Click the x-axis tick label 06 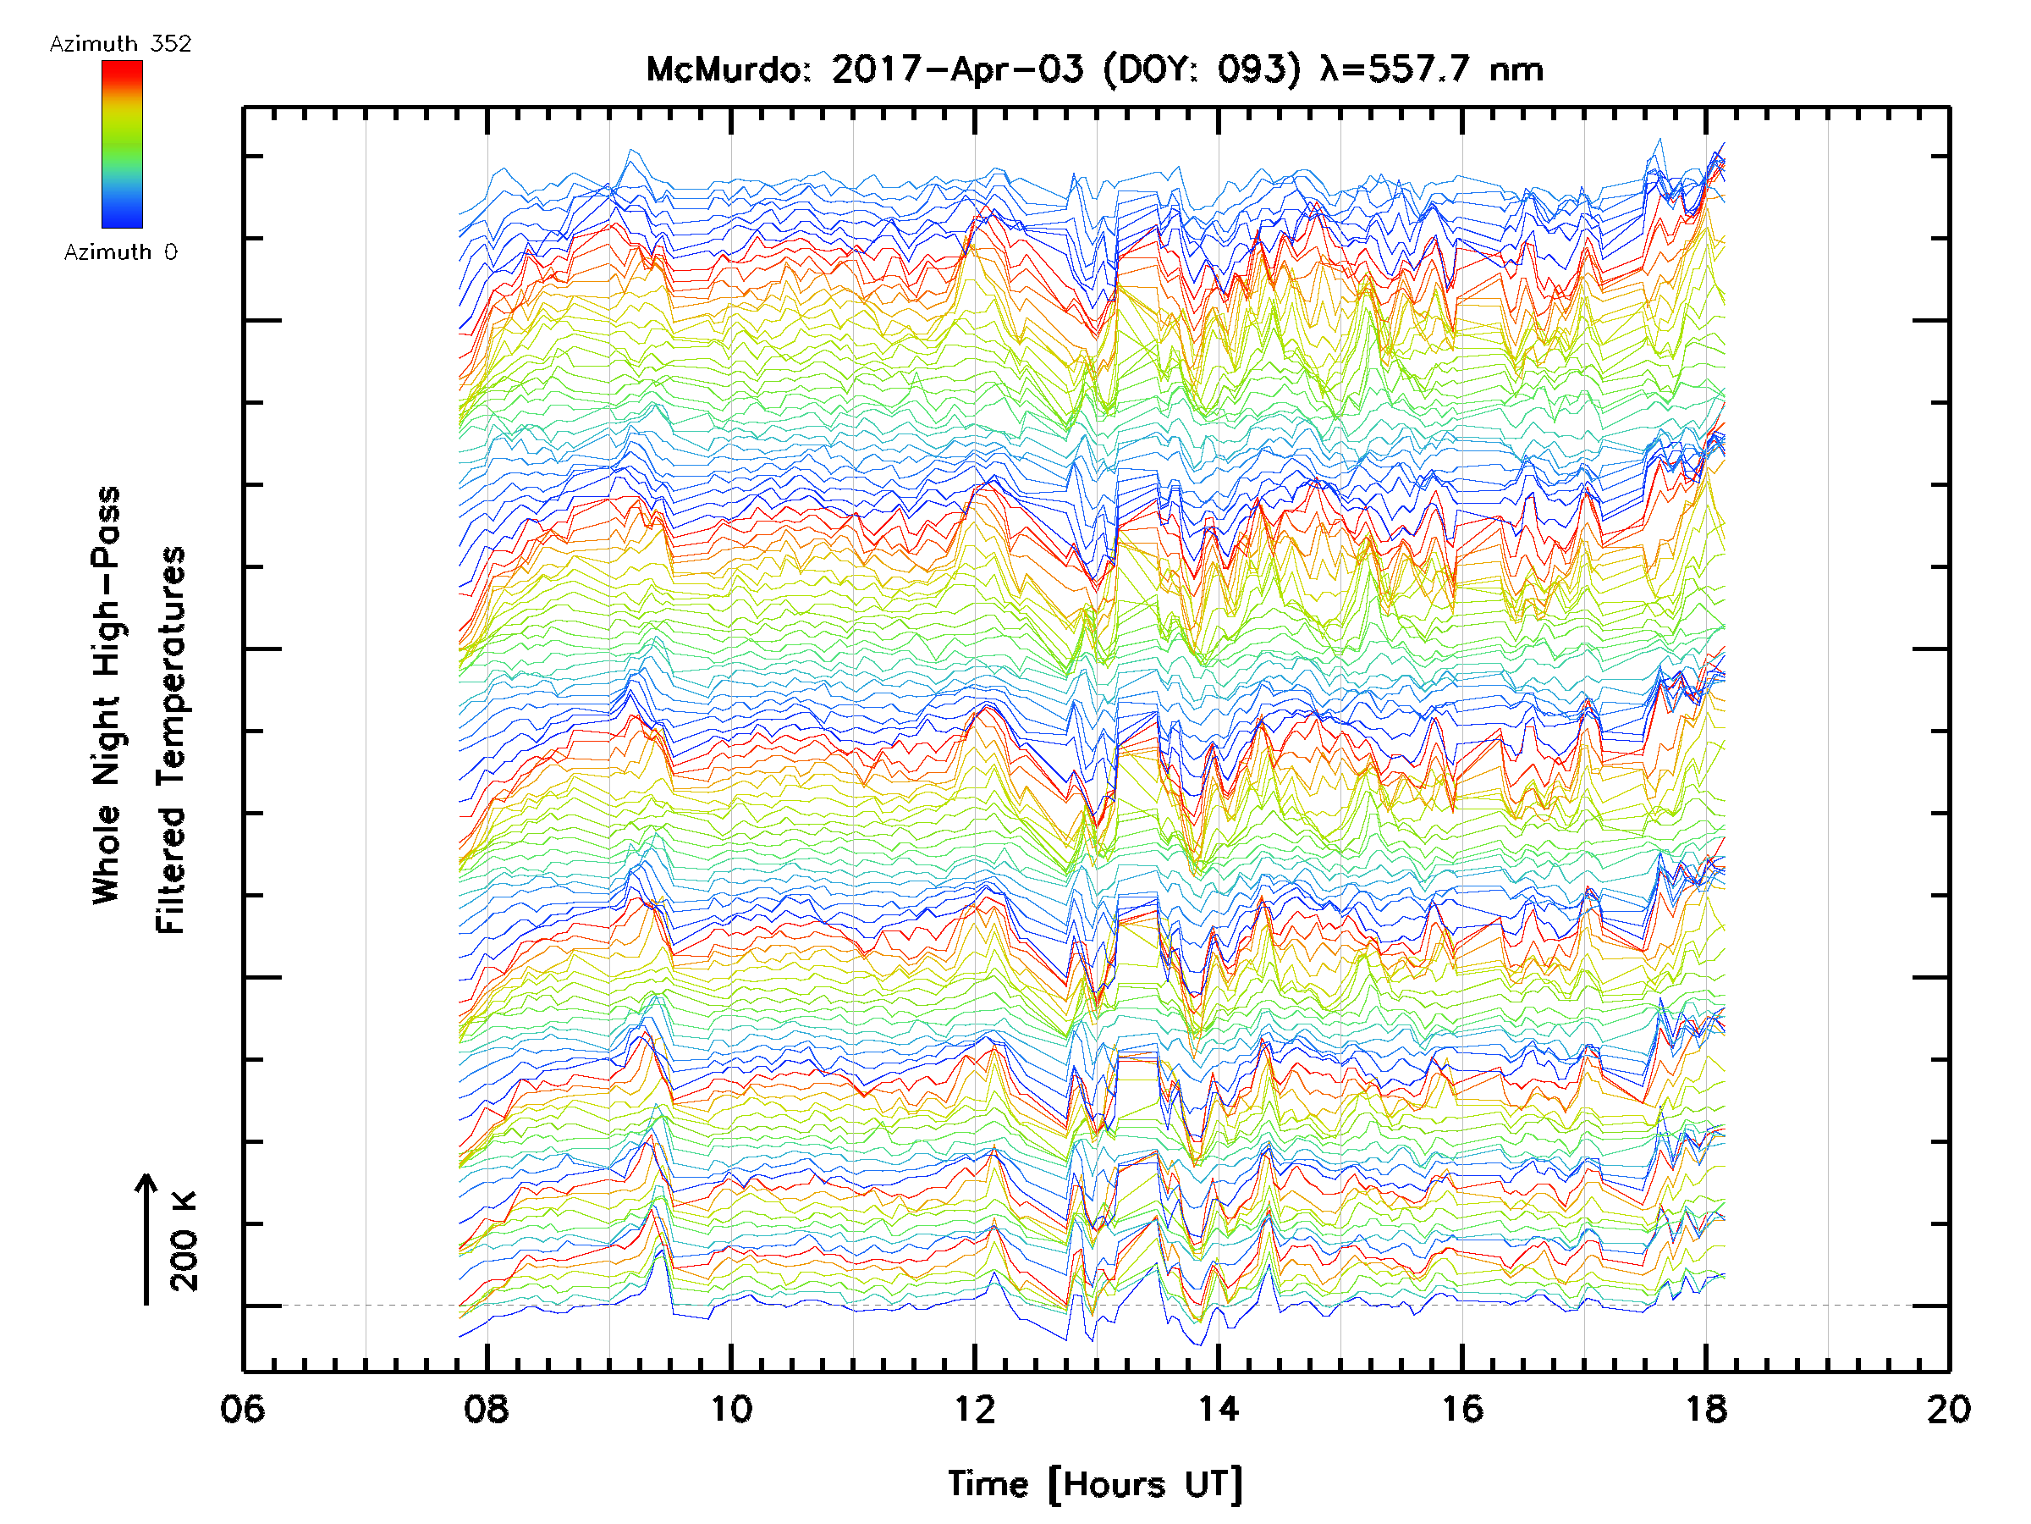[242, 1409]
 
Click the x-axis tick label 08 [487, 1409]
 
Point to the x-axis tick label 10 [731, 1409]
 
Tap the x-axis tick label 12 [974, 1409]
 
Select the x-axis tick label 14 [1219, 1409]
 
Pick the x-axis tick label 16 [1461, 1409]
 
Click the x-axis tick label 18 [1706, 1409]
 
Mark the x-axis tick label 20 [1948, 1409]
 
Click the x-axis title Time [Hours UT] [1095, 1484]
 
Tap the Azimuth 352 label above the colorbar [120, 44]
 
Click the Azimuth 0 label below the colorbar [120, 252]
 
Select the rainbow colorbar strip [122, 144]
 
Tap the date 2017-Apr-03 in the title [958, 69]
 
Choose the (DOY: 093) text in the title [1201, 69]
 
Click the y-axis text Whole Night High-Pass [107, 695]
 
